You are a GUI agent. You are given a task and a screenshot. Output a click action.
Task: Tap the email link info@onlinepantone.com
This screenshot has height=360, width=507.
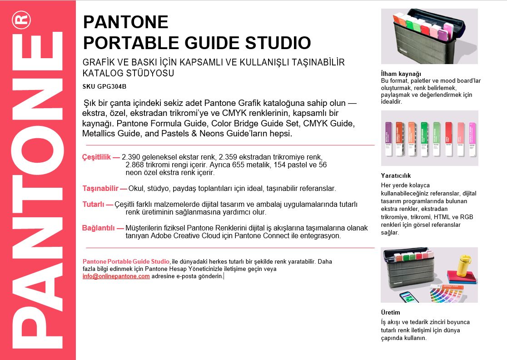coord(116,276)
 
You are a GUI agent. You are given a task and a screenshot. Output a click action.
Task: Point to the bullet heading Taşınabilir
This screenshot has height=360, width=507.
coord(100,188)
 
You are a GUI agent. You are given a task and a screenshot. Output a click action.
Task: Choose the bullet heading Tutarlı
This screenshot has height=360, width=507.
coord(94,205)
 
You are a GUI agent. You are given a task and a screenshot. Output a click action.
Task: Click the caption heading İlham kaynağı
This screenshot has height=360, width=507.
coord(401,74)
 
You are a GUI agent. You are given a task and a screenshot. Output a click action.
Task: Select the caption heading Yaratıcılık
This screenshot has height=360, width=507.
coord(396,175)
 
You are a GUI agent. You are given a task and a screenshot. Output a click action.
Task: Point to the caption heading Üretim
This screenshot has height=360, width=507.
coord(390,313)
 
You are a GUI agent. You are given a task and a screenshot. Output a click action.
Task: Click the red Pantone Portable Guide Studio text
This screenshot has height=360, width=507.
coord(126,261)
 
